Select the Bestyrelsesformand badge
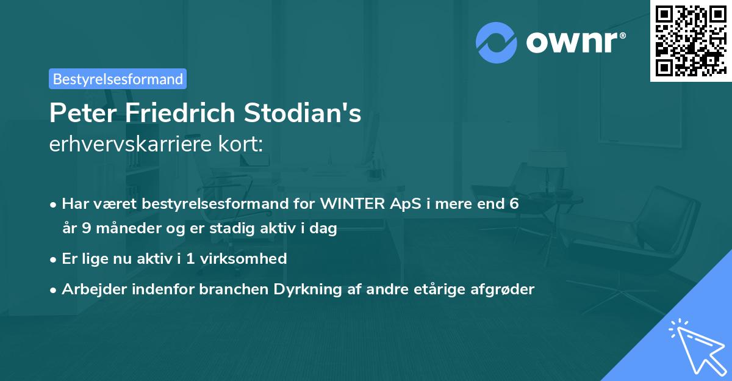click(118, 79)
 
